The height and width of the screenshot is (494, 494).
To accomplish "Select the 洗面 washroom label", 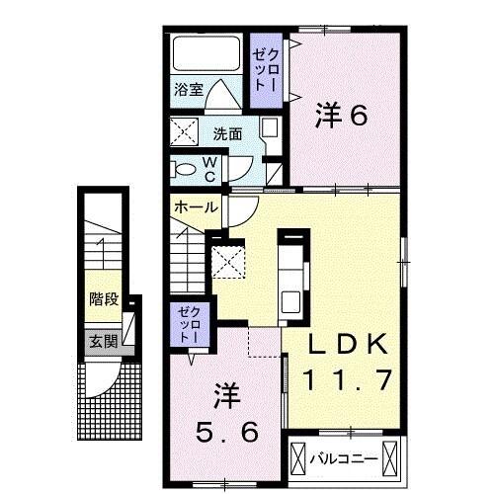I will (x=227, y=132).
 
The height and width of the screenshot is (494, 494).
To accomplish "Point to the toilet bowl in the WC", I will (x=185, y=169).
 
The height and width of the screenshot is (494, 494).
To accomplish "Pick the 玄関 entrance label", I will (x=103, y=342).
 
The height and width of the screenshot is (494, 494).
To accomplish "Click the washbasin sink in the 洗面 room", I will (x=269, y=128).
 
